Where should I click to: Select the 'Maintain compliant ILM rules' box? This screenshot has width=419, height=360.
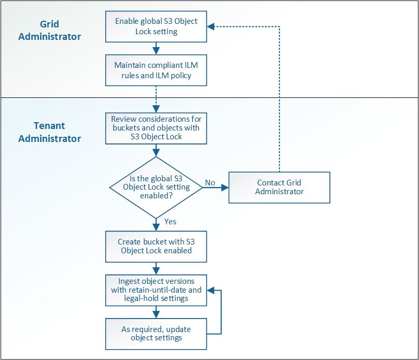(156, 70)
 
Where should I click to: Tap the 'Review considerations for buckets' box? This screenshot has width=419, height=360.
(156, 128)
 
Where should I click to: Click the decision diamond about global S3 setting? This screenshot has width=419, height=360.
(156, 187)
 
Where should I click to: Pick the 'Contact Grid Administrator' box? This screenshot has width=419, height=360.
(279, 187)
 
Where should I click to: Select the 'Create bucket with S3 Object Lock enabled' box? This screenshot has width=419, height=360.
(156, 246)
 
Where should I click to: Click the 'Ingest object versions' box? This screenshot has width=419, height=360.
(156, 290)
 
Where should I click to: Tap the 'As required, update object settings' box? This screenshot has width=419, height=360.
(156, 334)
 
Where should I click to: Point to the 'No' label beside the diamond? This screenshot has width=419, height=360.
(210, 183)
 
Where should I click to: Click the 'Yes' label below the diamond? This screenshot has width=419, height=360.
(170, 222)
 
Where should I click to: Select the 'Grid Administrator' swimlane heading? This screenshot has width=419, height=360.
(50, 31)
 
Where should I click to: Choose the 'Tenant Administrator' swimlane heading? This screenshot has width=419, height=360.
(50, 132)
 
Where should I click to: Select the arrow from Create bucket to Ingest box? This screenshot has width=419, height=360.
(156, 268)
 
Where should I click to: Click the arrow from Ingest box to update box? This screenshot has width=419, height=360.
(156, 312)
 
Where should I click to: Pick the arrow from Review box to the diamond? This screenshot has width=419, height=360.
(156, 151)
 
